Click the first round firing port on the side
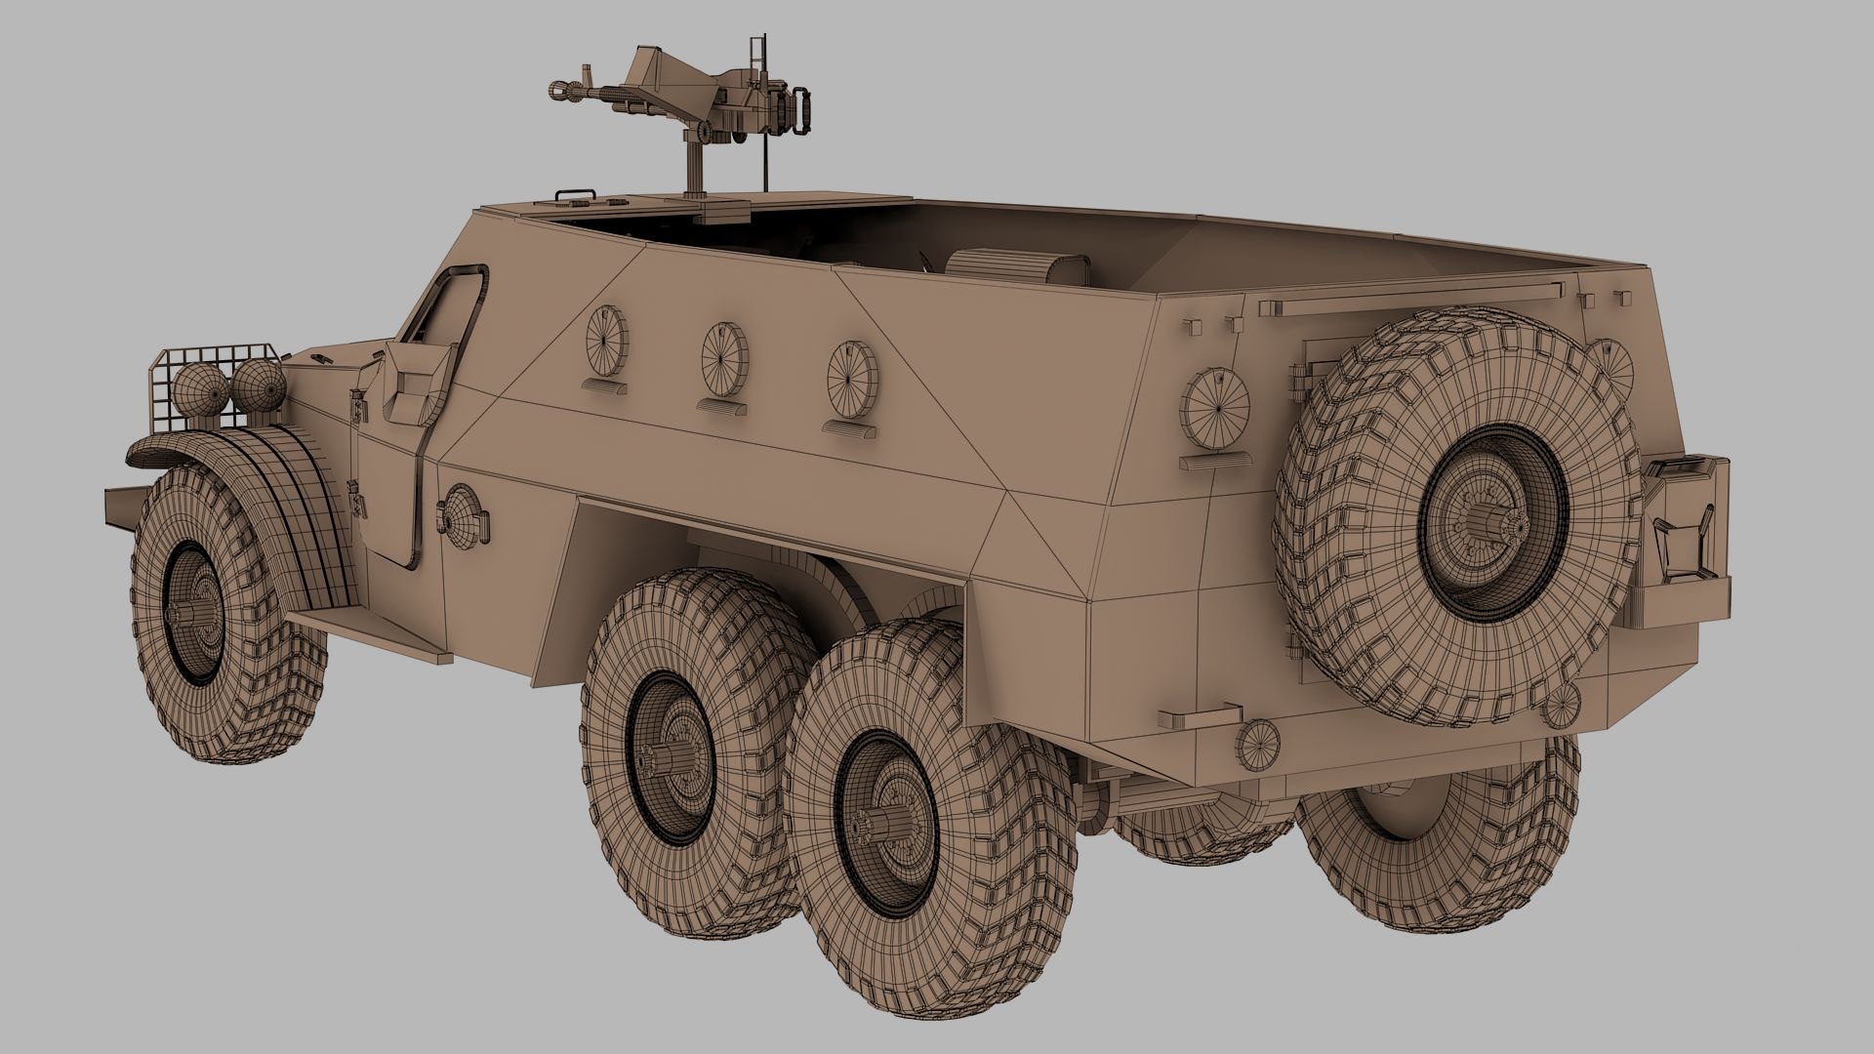click(x=605, y=340)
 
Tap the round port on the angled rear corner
click(x=1214, y=409)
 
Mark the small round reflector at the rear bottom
click(x=1257, y=744)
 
